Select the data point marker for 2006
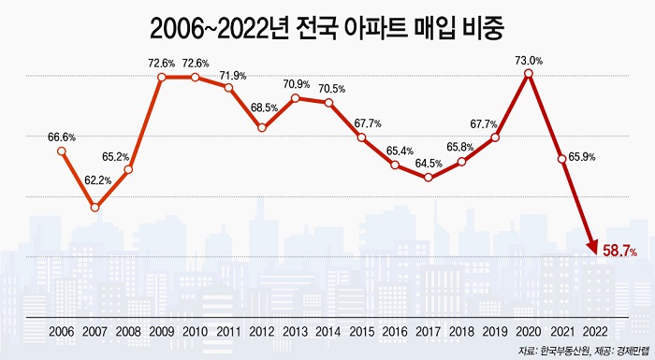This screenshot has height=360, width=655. (x=62, y=151)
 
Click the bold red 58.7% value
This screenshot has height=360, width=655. (x=619, y=252)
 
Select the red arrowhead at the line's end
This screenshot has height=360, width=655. (x=591, y=247)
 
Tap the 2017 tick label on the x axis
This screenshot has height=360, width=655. (x=429, y=332)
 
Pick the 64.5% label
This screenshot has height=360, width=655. (x=429, y=163)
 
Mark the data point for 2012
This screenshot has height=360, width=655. (x=262, y=127)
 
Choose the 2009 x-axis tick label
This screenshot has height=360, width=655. (x=161, y=332)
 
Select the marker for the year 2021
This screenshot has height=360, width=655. (x=562, y=159)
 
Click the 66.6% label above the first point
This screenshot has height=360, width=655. (x=62, y=137)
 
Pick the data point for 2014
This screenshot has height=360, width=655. (x=328, y=102)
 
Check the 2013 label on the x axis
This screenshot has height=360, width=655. (x=295, y=332)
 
